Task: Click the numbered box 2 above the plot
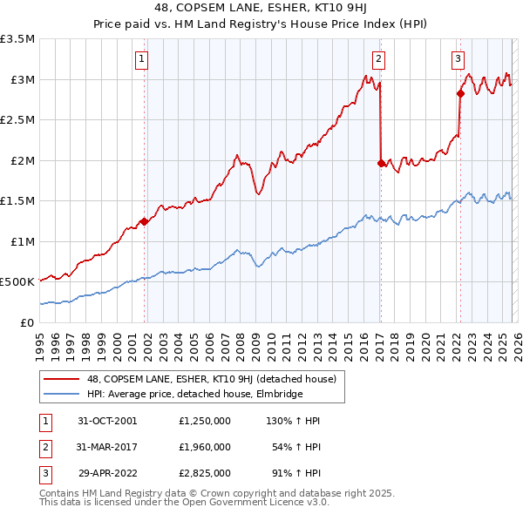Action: coord(379,59)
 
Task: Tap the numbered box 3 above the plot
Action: coord(458,59)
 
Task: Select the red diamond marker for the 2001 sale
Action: coord(144,221)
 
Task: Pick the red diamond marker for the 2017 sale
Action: coord(381,163)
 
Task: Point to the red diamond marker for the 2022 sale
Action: coord(460,93)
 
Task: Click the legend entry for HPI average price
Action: coord(194,394)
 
